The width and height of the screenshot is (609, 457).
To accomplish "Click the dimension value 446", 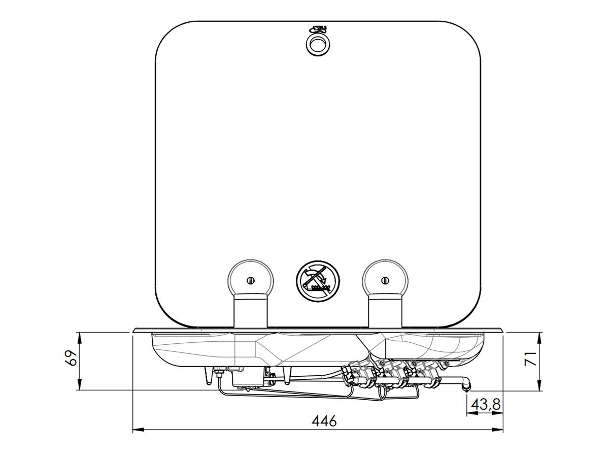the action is [324, 421].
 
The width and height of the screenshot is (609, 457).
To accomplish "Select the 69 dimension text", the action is [71, 358].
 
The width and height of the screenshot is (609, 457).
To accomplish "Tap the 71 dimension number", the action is [530, 358].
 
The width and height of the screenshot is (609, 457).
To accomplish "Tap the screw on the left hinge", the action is [250, 280].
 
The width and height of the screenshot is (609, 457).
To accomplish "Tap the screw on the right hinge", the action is [385, 280].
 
